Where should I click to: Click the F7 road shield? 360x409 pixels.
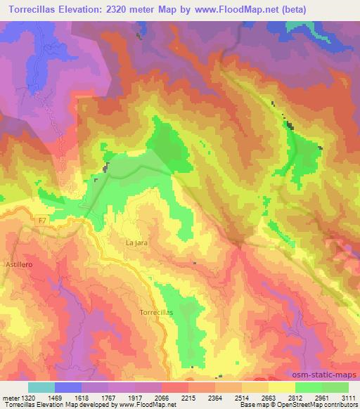(x=44, y=220)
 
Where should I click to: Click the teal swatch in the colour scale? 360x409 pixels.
(x=41, y=387)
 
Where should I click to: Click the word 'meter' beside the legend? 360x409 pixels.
(x=8, y=398)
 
